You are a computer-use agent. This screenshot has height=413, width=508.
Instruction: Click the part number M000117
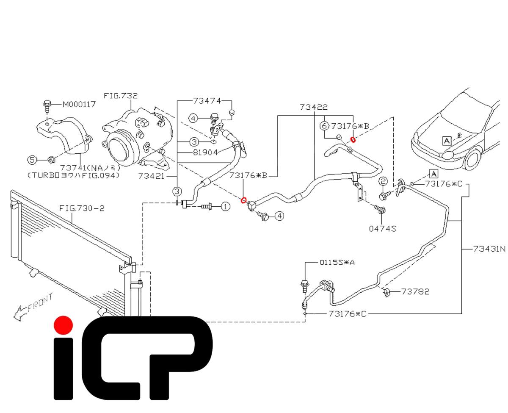(x=79, y=104)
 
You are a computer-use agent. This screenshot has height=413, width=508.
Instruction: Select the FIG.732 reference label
(x=121, y=96)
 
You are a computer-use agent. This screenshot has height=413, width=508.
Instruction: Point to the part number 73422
(x=313, y=107)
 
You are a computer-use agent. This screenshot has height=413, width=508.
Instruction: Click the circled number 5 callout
(x=32, y=160)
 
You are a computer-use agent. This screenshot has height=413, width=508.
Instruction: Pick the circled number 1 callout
(x=225, y=206)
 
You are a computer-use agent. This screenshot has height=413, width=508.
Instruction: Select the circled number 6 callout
(x=324, y=126)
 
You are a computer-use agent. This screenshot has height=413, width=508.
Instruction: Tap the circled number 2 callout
(x=383, y=181)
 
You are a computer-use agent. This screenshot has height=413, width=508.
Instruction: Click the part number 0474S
(x=383, y=229)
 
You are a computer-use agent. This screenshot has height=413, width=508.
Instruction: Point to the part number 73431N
(x=489, y=249)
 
